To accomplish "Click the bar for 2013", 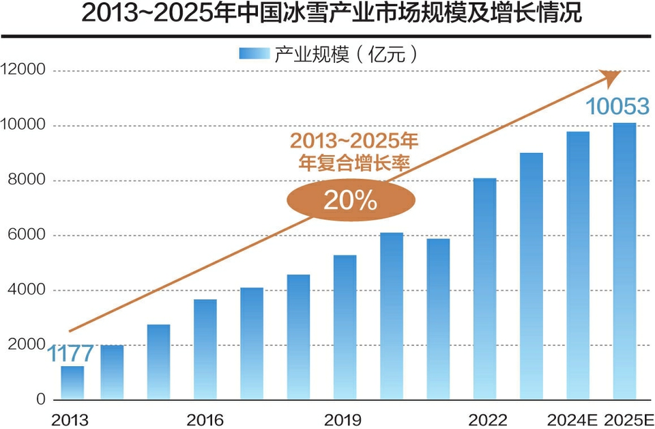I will (72, 383).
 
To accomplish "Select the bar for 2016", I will (205, 349).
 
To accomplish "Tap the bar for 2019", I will (345, 327).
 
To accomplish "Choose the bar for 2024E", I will (578, 266).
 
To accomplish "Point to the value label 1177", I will (70, 354).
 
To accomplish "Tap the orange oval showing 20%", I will (350, 199).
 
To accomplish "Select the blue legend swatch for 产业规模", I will (253, 54).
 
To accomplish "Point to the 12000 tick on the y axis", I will (23, 70).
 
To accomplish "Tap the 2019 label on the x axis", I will (343, 419).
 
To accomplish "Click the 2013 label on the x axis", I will (70, 419).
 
